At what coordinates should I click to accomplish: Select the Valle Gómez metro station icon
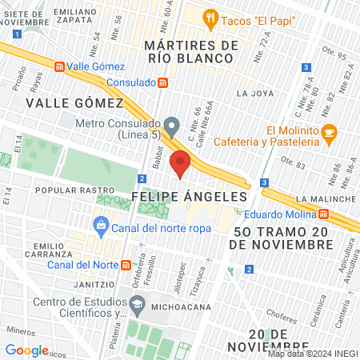(59, 67)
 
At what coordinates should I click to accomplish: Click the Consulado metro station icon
(163, 82)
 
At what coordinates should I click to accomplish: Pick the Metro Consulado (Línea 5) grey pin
(171, 126)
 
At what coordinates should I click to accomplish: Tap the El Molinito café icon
(329, 136)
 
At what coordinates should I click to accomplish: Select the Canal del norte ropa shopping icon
(101, 226)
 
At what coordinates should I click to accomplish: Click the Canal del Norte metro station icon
(126, 265)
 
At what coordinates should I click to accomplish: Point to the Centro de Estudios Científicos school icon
(138, 304)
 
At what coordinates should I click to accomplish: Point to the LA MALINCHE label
(325, 198)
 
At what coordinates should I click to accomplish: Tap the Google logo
(26, 350)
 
